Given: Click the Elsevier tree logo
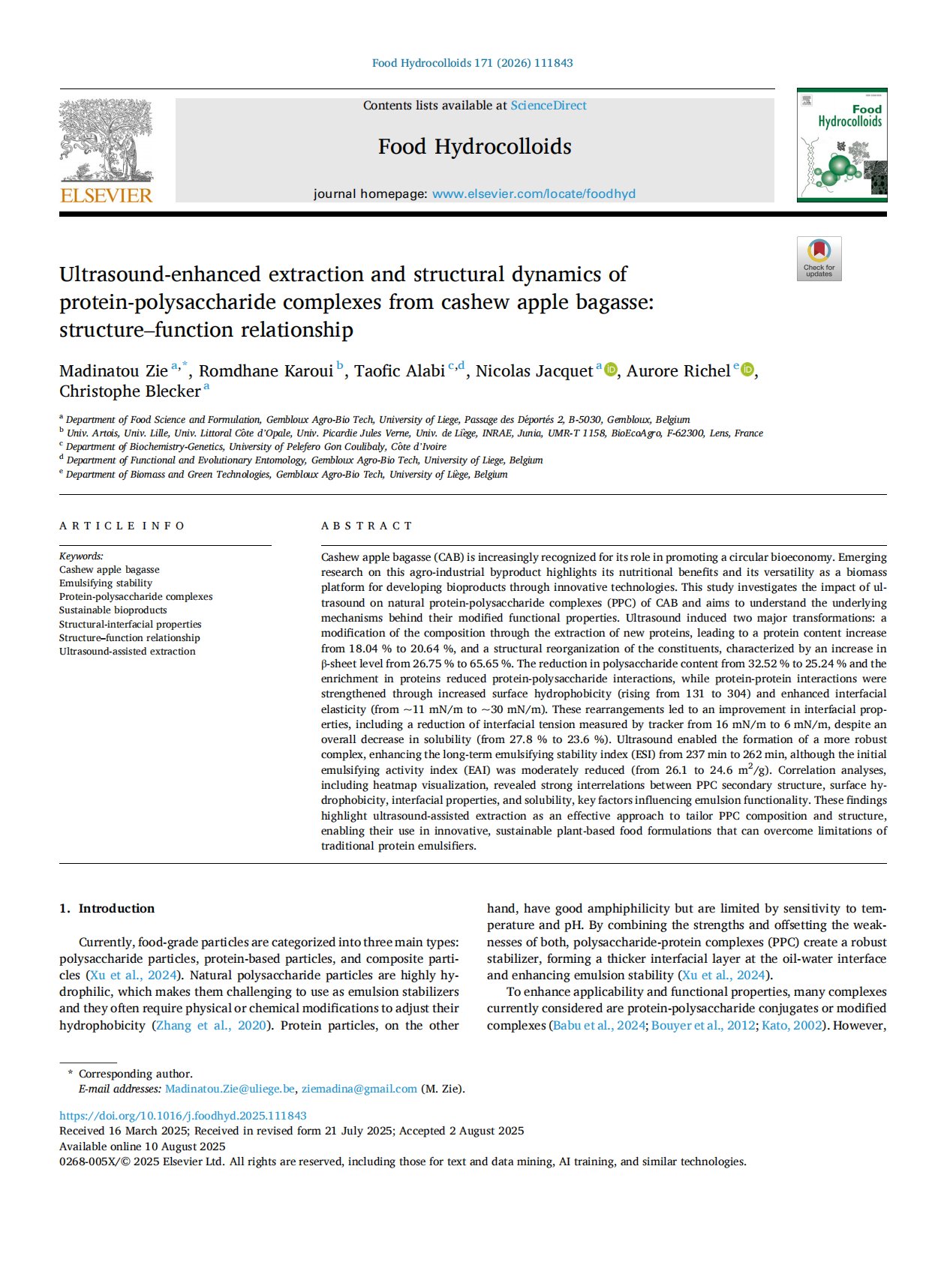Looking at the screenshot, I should click(x=106, y=140).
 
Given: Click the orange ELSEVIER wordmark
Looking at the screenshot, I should click(x=106, y=196).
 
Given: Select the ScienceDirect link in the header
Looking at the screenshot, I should click(x=549, y=106).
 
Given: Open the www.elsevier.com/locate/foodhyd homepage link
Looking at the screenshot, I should click(x=534, y=193).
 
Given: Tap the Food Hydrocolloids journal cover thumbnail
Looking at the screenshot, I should click(x=841, y=145).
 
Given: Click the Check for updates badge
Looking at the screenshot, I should click(x=819, y=259).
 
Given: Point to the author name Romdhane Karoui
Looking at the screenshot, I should click(x=266, y=371).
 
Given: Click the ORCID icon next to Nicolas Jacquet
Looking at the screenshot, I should click(x=611, y=370).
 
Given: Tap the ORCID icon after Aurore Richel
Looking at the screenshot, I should click(x=747, y=370).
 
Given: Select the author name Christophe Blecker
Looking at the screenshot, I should click(x=130, y=391).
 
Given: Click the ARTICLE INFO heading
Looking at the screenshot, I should click(x=122, y=526).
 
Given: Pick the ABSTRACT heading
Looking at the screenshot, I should click(x=366, y=526).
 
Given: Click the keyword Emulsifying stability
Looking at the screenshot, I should click(x=106, y=583).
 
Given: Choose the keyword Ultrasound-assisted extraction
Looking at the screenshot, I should click(x=128, y=651).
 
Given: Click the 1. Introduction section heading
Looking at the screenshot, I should click(x=107, y=908).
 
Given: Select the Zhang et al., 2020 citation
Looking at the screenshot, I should click(x=210, y=1025).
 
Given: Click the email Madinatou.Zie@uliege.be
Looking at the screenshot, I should click(x=230, y=1089).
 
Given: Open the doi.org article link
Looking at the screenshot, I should click(x=183, y=1116).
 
